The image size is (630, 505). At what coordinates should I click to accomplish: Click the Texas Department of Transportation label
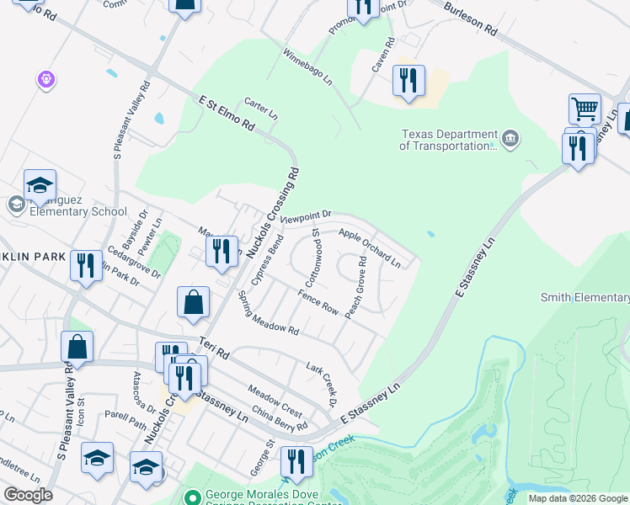[449, 140]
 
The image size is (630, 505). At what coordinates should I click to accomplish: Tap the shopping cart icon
[585, 109]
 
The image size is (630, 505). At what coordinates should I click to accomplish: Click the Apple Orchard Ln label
[370, 247]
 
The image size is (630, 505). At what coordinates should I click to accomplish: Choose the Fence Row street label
[318, 303]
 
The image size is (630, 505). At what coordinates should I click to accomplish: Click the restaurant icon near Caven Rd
[408, 82]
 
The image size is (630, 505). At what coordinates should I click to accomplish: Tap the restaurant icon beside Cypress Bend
[222, 252]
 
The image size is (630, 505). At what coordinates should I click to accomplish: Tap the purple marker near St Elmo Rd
[46, 80]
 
